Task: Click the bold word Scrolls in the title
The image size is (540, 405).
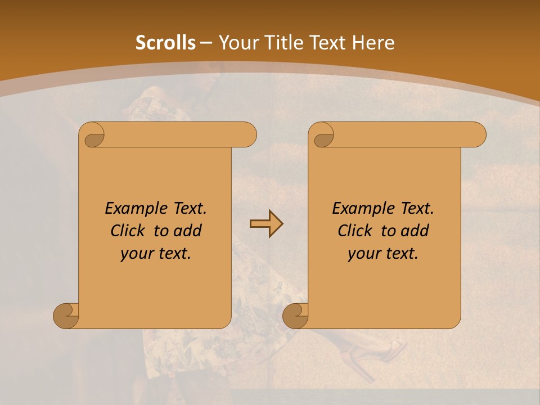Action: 165,43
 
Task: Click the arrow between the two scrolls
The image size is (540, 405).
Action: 266,224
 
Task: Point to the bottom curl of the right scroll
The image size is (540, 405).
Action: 295,315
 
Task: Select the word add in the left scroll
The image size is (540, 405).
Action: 188,231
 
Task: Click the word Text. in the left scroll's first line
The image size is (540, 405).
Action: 187,209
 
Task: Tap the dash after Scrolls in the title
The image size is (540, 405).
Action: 206,43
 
